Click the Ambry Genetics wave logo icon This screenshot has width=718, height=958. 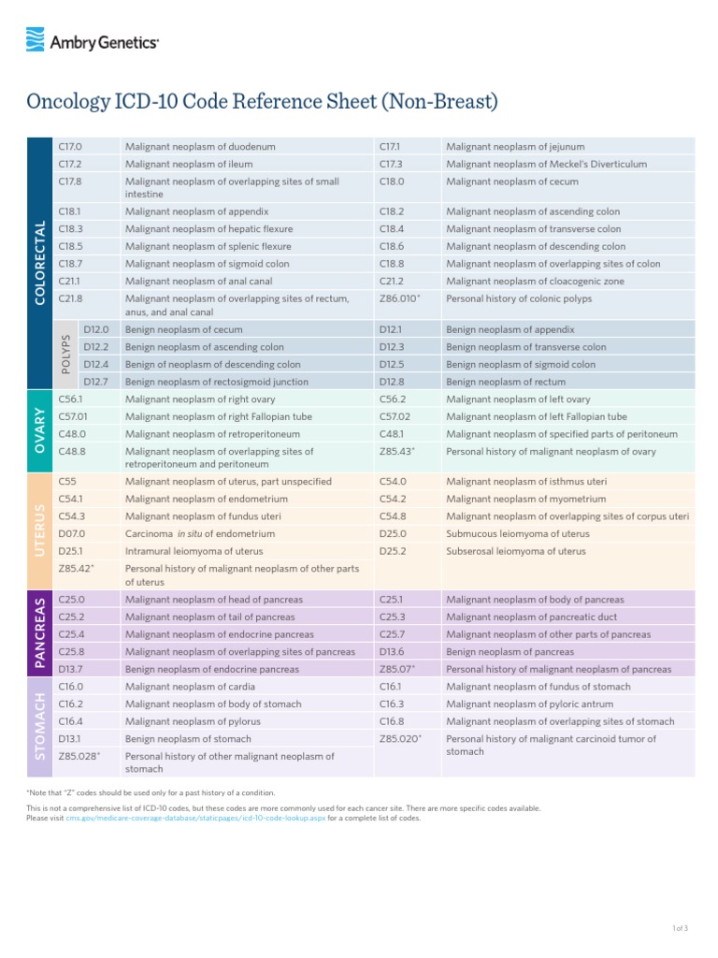(36, 39)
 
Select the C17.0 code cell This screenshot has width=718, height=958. (71, 147)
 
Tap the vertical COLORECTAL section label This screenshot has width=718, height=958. (39, 263)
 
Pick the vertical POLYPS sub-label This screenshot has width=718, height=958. (66, 356)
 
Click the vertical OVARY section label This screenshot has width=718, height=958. (39, 430)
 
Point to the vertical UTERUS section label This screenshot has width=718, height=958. (39, 531)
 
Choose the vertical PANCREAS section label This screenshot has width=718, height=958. (39, 633)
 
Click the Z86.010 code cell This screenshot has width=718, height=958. (399, 299)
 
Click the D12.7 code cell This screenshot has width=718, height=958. (96, 382)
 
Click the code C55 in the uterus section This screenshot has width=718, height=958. (67, 482)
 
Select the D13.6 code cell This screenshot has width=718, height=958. (392, 651)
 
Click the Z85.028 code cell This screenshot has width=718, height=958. (79, 756)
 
